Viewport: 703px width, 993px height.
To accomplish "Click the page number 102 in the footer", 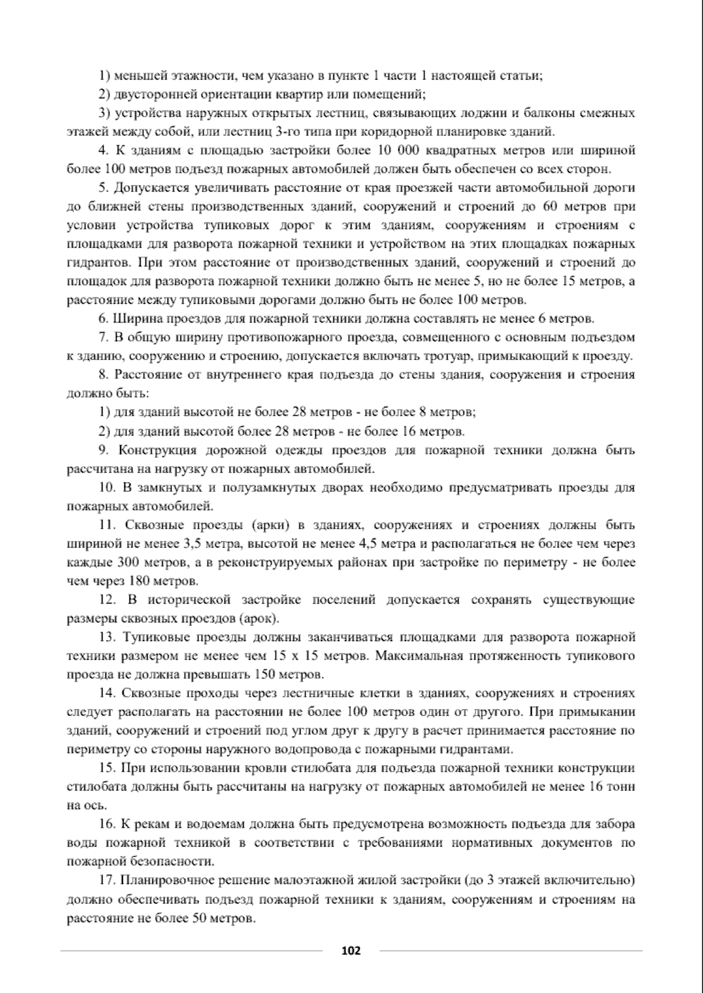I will coord(351,950).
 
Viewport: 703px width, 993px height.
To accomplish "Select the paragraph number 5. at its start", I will coord(104,188).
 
